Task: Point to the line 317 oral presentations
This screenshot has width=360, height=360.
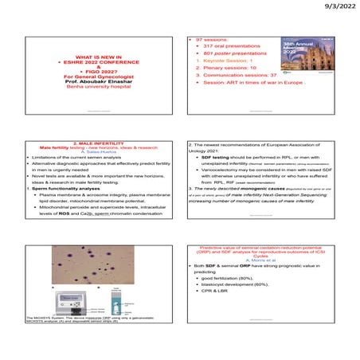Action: (224, 45)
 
